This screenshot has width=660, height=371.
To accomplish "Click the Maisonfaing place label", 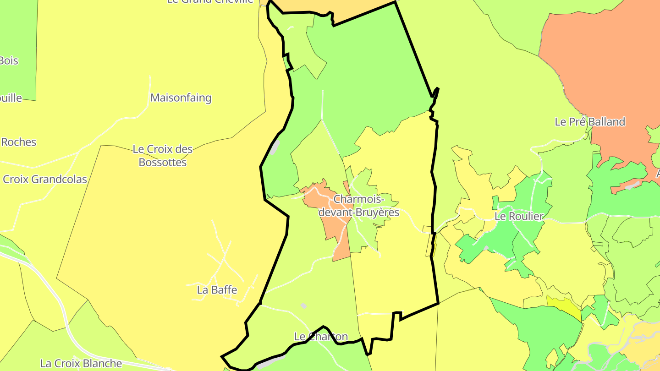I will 181,98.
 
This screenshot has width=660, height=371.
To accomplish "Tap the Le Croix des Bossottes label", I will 162,156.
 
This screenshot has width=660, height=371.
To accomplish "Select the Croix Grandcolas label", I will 45,179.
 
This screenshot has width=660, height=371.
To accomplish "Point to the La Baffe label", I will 217,289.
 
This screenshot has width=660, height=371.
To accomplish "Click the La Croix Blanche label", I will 81,363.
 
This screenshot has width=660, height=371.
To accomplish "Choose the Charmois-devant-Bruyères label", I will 358,206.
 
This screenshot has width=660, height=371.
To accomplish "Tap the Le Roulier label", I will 519,216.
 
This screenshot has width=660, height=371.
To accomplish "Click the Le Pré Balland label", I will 589,122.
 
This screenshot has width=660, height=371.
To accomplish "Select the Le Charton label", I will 321,337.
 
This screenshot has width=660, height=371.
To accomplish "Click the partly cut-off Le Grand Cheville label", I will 210,1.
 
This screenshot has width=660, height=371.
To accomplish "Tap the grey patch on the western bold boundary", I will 275,147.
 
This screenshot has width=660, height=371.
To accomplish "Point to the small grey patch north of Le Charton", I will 303,306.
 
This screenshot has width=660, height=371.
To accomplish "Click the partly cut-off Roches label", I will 18,142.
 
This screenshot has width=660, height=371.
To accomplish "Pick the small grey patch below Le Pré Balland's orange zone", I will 632,185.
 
